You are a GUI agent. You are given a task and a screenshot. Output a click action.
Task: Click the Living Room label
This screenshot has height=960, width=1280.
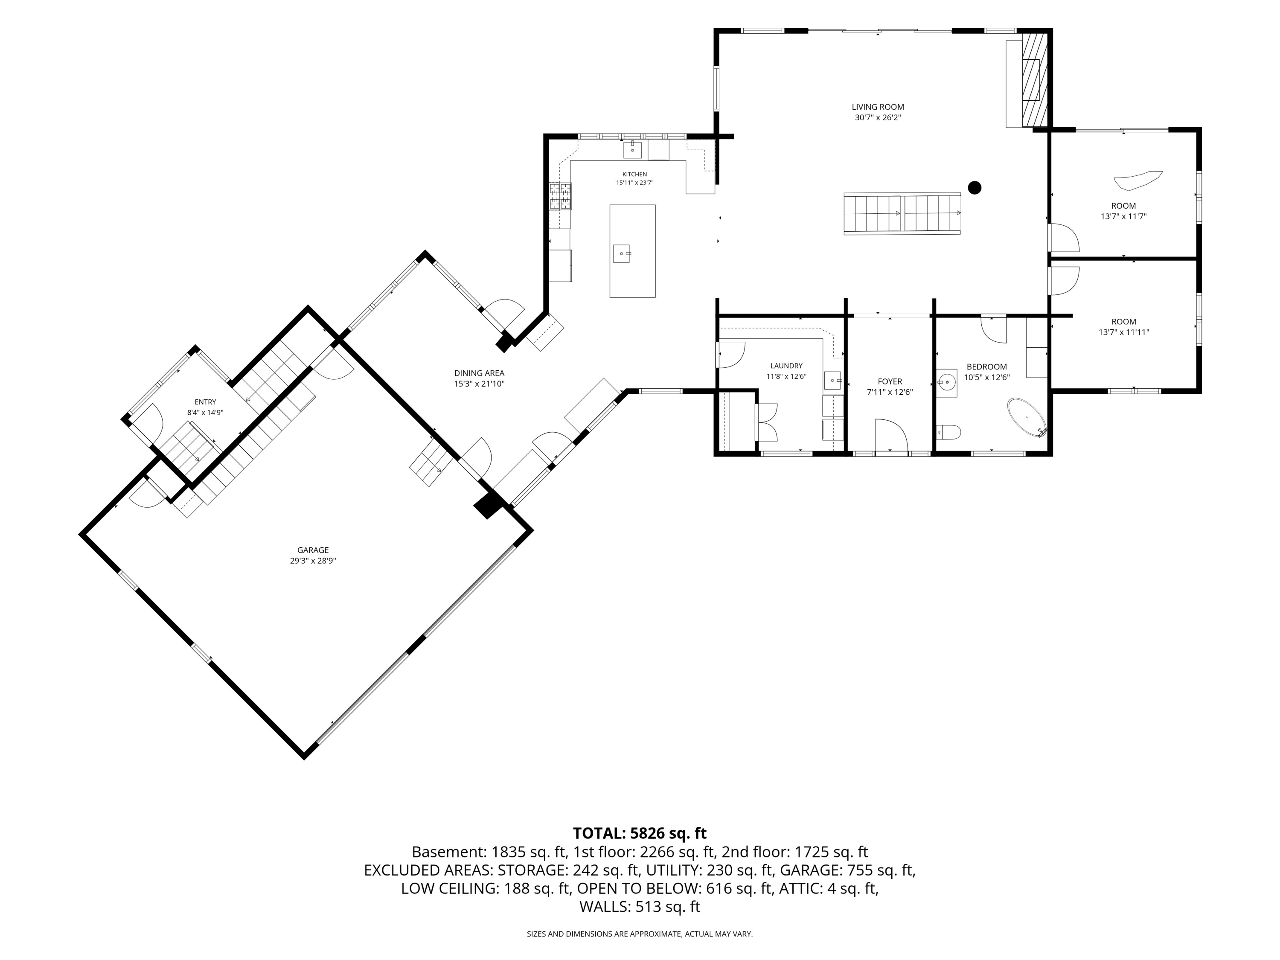coord(877,107)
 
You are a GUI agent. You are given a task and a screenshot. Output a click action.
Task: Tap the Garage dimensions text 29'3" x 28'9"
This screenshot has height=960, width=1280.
coord(313,561)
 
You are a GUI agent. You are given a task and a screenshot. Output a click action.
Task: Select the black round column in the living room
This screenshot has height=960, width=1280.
coord(975,187)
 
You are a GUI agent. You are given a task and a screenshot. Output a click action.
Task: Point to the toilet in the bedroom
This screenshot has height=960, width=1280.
coord(948,432)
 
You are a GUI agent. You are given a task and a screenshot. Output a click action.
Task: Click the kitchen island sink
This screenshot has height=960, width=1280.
coord(622,253)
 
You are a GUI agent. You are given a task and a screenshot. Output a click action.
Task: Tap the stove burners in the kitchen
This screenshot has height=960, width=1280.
coord(560,195)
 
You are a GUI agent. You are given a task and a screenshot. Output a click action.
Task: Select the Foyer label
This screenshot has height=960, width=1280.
coord(890,382)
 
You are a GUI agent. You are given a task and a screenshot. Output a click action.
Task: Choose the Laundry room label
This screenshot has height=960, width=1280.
coord(786,366)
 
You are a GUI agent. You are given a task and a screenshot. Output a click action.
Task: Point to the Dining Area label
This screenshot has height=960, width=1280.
coord(479,373)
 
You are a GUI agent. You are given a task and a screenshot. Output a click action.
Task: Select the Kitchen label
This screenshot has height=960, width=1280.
coord(635,174)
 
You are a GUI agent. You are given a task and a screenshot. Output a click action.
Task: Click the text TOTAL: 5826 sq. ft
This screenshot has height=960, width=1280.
coord(640,833)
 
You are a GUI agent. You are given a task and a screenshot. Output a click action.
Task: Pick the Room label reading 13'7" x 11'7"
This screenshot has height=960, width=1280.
coord(1123,211)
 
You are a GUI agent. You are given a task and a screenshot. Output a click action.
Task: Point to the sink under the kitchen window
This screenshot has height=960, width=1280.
coord(632,150)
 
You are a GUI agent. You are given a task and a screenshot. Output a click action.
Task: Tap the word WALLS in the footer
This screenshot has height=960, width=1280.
coord(605,907)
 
